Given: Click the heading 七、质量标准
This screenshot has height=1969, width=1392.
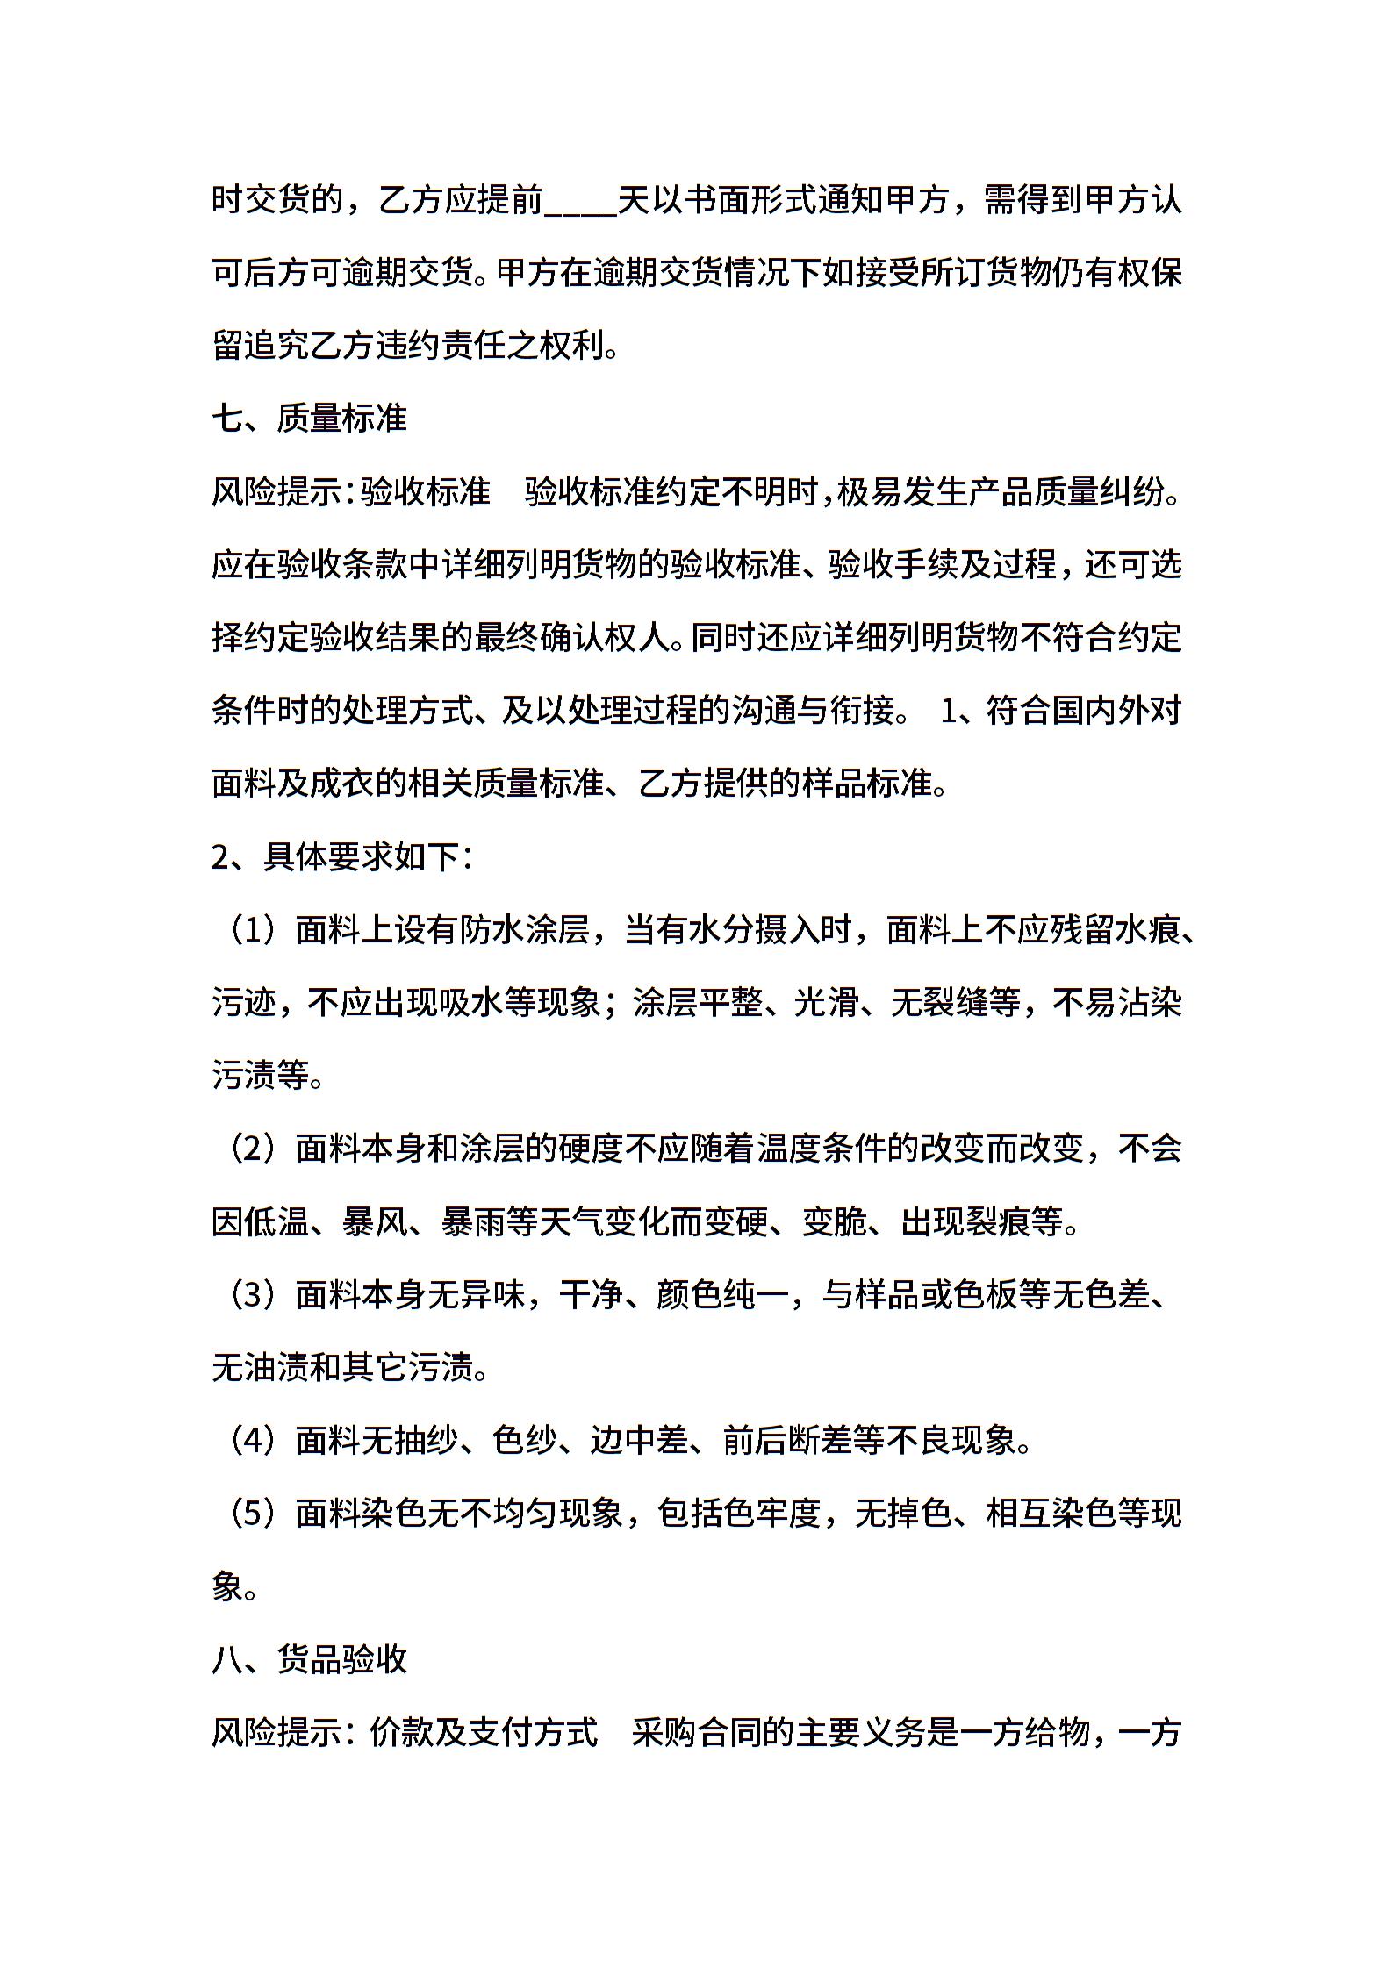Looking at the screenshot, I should click(x=309, y=419).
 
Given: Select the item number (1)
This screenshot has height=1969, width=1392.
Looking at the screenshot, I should click(x=254, y=930).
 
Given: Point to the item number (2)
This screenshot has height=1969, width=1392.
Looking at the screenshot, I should click(x=254, y=1149).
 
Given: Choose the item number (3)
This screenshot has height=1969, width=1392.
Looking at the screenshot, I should click(x=254, y=1294).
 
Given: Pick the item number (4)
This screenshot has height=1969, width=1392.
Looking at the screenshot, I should click(x=254, y=1440).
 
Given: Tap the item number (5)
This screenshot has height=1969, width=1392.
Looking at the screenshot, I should click(x=254, y=1513).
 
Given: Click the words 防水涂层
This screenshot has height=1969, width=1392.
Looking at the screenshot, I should click(x=524, y=930).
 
